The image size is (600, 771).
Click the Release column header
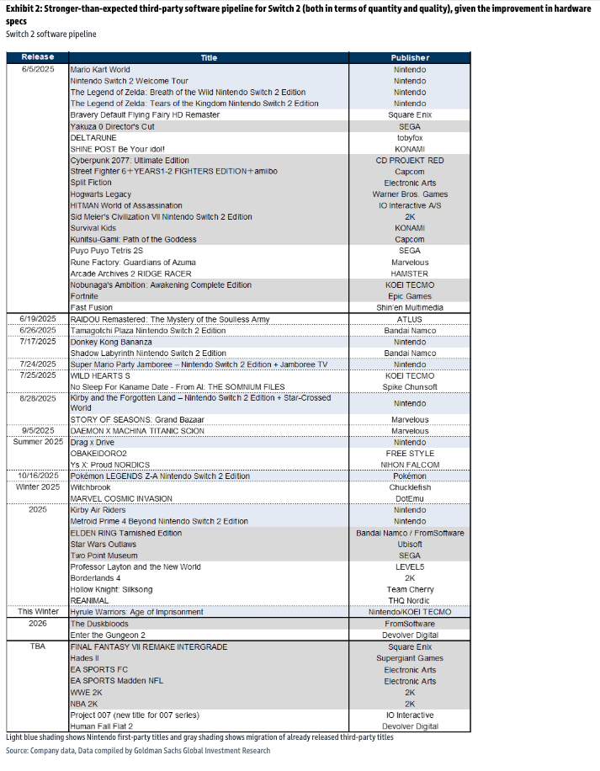[x=38, y=58]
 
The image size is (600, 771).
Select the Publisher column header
[x=410, y=58]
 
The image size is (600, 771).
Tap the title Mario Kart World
[x=100, y=70]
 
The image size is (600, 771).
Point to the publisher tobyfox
[x=410, y=137]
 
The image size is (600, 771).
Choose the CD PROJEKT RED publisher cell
[x=410, y=160]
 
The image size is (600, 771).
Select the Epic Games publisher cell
[x=410, y=296]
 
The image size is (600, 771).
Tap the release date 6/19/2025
[x=38, y=320]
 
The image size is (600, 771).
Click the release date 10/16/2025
[x=38, y=476]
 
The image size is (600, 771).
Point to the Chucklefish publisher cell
[x=410, y=487]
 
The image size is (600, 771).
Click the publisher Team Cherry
[x=410, y=589]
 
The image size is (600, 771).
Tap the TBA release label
[x=38, y=646]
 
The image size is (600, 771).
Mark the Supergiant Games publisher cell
[x=410, y=658]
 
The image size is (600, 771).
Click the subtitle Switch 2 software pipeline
[x=51, y=35]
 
